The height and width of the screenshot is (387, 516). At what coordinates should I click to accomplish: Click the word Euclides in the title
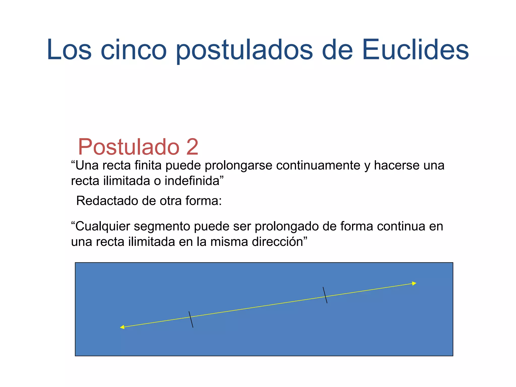(x=415, y=50)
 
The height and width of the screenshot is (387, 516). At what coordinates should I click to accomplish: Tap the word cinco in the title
(x=134, y=50)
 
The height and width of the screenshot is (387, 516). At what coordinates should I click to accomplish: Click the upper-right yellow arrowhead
(x=414, y=284)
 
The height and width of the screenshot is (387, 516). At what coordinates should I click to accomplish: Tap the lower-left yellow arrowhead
(x=122, y=327)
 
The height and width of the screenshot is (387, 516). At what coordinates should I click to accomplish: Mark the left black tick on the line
(x=191, y=319)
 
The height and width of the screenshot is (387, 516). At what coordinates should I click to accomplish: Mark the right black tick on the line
(x=325, y=295)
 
